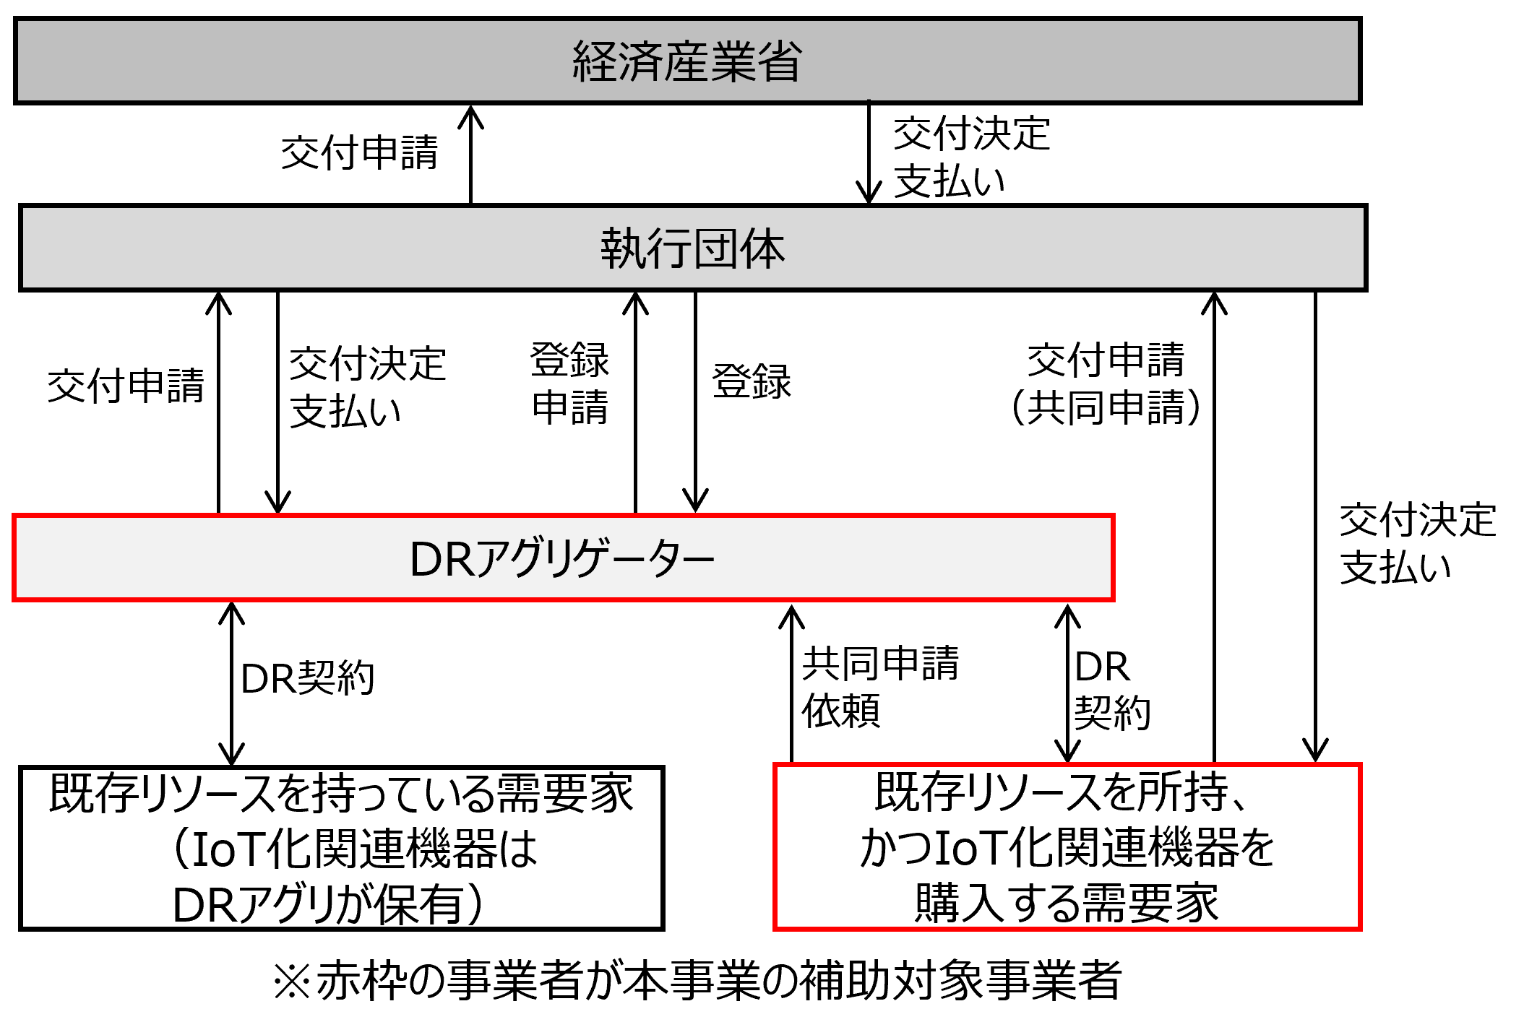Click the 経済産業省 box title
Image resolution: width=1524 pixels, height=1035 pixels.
686,61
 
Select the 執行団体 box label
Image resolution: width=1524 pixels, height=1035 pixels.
692,249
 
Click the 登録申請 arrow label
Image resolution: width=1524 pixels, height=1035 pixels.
569,384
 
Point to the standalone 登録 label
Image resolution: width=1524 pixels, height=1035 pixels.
752,381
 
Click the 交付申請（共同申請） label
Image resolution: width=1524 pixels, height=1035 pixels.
1106,384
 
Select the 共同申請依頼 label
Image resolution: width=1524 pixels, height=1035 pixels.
879,687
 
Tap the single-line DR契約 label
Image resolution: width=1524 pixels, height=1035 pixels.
307,679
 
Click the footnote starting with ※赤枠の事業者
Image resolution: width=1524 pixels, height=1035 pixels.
697,980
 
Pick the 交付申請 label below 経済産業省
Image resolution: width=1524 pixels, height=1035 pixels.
359,153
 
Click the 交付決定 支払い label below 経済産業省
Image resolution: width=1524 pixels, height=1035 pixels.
970,157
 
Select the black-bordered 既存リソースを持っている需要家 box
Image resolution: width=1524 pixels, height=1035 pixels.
341,848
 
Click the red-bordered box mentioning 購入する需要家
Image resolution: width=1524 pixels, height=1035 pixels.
1067,847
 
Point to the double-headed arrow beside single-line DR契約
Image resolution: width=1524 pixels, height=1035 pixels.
231,683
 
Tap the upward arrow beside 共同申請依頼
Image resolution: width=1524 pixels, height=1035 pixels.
792,683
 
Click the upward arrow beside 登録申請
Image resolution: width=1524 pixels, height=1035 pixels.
635,402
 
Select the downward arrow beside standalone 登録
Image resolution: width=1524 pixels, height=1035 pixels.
695,402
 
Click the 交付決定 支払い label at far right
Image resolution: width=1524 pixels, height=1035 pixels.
1416,543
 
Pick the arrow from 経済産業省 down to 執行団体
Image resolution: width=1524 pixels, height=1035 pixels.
868,153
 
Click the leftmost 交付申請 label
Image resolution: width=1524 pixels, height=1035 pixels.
126,386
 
